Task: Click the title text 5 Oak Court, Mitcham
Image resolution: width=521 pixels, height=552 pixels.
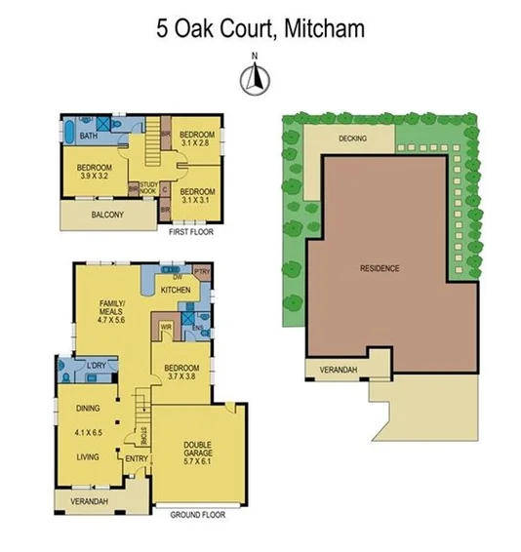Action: point(260,28)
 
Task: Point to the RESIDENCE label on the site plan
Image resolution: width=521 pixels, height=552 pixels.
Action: point(380,268)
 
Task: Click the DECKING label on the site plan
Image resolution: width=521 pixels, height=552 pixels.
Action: point(352,138)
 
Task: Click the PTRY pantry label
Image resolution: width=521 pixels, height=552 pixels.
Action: point(202,271)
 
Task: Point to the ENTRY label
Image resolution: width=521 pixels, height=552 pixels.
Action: point(136,458)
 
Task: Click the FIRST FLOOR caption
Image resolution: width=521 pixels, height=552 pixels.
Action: point(190,232)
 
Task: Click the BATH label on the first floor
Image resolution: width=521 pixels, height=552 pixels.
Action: point(87,136)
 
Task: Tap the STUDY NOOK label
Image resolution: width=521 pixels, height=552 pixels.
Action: point(148,187)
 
